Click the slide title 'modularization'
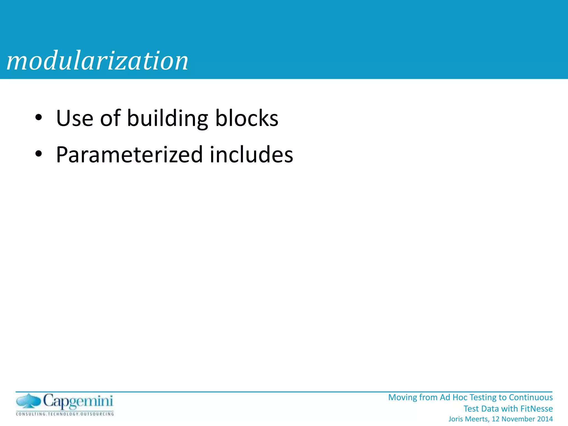(97, 61)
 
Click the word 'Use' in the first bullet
(75, 118)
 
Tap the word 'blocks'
(247, 118)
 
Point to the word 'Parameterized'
(129, 155)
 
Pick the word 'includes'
(251, 154)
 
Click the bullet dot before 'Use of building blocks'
(39, 118)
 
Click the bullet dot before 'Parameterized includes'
(39, 154)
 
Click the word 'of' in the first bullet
(110, 118)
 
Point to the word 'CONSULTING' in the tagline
(31, 414)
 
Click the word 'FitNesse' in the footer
(536, 409)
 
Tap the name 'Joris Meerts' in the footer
(469, 419)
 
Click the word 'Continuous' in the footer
(531, 397)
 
